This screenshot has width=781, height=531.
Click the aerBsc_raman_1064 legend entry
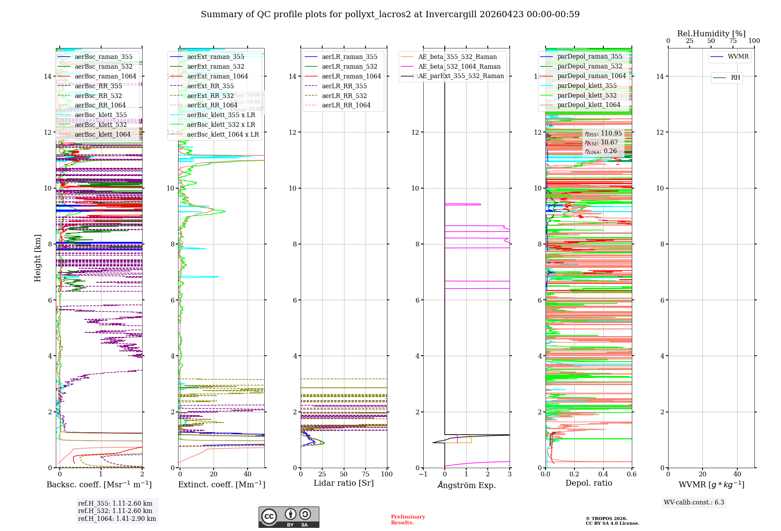105,77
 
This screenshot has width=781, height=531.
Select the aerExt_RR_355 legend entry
210,86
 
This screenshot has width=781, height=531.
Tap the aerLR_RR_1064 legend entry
346,105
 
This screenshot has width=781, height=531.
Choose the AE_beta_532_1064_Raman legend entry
459,67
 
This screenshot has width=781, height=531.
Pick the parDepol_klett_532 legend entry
587,96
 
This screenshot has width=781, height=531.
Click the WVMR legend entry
738,57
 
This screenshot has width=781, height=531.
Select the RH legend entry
735,78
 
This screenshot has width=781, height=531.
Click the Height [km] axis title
37,258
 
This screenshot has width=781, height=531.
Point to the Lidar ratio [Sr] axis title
344,483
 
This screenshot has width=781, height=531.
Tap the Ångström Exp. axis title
466,485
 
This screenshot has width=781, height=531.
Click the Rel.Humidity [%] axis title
711,34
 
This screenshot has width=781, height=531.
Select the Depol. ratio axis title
588,483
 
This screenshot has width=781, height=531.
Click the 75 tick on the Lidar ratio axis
366,474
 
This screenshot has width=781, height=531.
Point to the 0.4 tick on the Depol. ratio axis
603,474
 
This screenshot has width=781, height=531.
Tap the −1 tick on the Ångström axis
423,474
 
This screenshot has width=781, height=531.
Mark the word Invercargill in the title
451,14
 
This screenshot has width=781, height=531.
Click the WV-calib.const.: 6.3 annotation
694,502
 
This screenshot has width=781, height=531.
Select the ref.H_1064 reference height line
117,519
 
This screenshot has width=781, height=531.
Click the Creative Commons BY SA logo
289,517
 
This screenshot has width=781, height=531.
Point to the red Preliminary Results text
408,520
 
